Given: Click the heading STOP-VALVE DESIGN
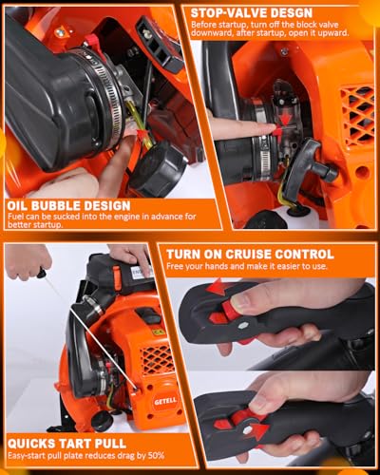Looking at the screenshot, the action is (x=252, y=13).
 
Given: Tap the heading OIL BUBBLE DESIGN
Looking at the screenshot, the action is (x=68, y=206).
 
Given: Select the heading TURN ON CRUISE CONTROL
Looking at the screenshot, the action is (x=250, y=255).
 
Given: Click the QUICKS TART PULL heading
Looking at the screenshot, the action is (x=66, y=444).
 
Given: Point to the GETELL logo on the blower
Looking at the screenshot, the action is (x=165, y=402).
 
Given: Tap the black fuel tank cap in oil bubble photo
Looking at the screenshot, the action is (x=158, y=170).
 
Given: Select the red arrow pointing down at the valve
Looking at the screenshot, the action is (x=286, y=119).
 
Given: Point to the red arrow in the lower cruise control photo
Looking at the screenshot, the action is (x=259, y=429).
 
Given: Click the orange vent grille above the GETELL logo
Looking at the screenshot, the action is (x=157, y=359).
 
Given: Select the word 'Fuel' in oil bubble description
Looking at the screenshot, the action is (x=14, y=217).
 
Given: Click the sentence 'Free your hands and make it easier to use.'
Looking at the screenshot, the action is (x=247, y=266).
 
